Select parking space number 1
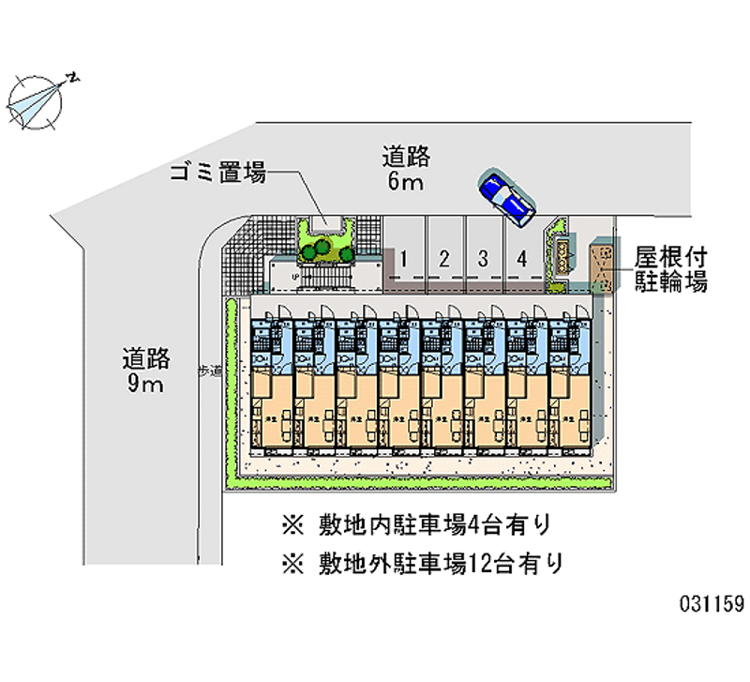pyautogui.click(x=401, y=258)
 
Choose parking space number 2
pyautogui.click(x=444, y=258)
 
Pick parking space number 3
pyautogui.click(x=482, y=258)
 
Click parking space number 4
pyautogui.click(x=520, y=258)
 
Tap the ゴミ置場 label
pyautogui.click(x=217, y=174)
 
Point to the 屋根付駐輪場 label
pyautogui.click(x=669, y=268)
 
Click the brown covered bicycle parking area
pyautogui.click(x=601, y=268)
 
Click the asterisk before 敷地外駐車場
pyautogui.click(x=292, y=563)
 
